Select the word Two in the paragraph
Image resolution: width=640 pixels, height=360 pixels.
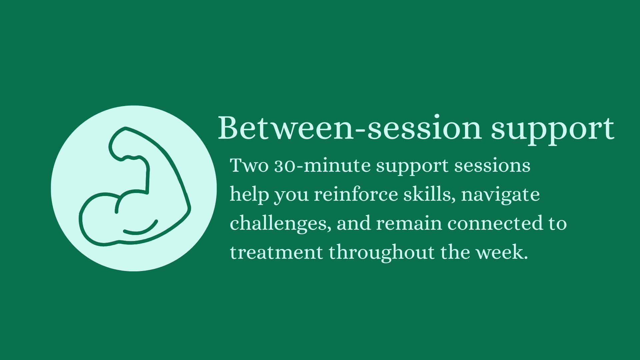pyautogui.click(x=249, y=165)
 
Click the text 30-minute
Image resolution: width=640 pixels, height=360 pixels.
pyautogui.click(x=322, y=165)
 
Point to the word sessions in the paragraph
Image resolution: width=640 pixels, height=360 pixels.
pyautogui.click(x=492, y=166)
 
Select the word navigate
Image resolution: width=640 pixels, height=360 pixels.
pyautogui.click(x=500, y=195)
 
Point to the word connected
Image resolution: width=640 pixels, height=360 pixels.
pyautogui.click(x=495, y=223)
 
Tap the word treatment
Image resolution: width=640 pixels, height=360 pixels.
pyautogui.click(x=276, y=252)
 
